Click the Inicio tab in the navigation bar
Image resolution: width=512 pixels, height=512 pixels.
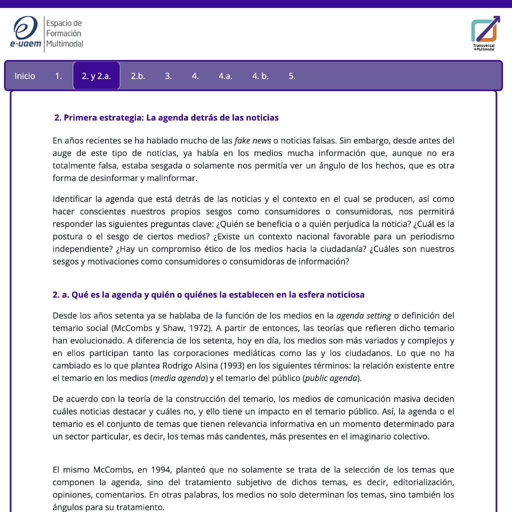click(25, 76)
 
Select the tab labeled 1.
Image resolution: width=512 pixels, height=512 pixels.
click(58, 76)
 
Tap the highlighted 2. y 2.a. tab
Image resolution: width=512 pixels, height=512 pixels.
click(96, 76)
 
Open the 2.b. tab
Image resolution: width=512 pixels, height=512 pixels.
click(138, 76)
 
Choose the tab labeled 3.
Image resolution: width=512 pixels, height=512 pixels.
click(168, 76)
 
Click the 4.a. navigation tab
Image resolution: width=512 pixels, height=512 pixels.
click(225, 76)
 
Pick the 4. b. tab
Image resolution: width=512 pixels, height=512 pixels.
click(260, 76)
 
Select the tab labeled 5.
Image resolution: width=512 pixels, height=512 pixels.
click(292, 76)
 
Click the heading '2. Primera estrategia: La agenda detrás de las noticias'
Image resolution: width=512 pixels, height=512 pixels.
click(166, 117)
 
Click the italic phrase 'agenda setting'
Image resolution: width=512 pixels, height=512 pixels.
click(363, 315)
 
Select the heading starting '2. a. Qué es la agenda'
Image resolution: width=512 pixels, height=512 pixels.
click(208, 294)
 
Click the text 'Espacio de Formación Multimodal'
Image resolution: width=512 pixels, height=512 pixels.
click(64, 33)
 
